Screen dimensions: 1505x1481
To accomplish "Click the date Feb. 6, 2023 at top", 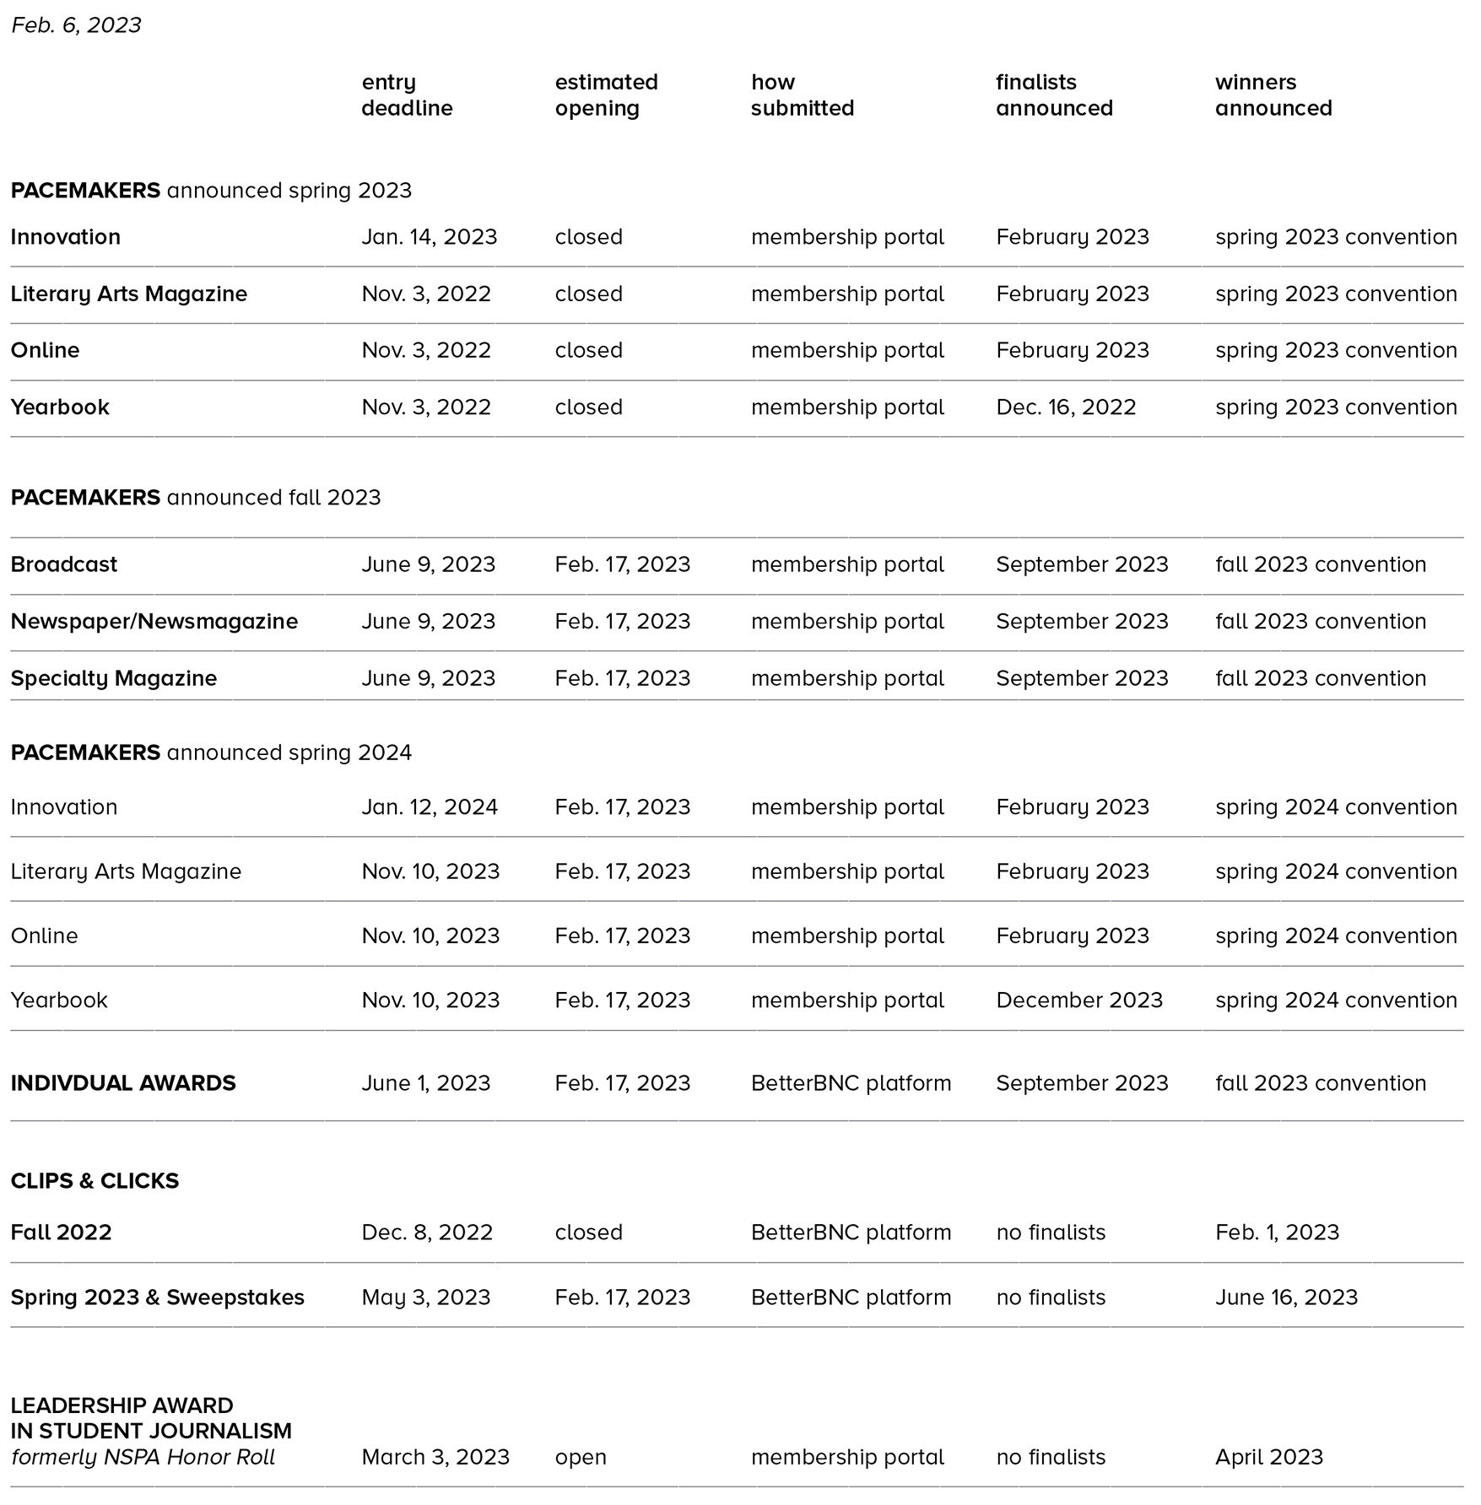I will point(76,25).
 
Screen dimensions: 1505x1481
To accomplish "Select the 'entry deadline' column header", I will point(407,95).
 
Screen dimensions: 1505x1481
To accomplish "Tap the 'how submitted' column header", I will point(802,95).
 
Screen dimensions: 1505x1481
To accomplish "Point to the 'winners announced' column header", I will point(1273,95).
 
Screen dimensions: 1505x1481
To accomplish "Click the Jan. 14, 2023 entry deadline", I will point(429,237).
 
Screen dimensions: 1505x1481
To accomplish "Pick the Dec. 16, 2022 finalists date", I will point(1065,407).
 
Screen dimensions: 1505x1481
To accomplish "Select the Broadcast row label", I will point(64,564).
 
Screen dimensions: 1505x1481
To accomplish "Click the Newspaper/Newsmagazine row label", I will point(154,622).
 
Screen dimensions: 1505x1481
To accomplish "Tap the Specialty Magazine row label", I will point(114,678).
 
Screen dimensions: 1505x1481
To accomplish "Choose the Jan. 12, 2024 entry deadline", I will point(429,807).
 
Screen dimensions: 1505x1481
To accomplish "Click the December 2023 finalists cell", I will point(1078,1001).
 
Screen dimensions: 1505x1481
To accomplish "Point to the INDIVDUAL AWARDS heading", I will point(123,1083).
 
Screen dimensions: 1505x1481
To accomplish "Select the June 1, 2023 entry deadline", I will point(425,1083).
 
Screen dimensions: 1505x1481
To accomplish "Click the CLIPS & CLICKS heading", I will point(95,1181).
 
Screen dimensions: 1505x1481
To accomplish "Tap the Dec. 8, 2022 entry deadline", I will point(427,1233).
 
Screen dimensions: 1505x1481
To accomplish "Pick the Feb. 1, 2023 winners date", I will point(1277,1233).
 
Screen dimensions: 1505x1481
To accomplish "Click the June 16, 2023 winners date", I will point(1286,1297).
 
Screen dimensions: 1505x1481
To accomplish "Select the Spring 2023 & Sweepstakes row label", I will point(158,1297).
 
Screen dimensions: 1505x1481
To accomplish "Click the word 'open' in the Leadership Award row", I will point(581,1458).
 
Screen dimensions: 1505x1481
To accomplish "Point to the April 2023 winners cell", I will point(1268,1458).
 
